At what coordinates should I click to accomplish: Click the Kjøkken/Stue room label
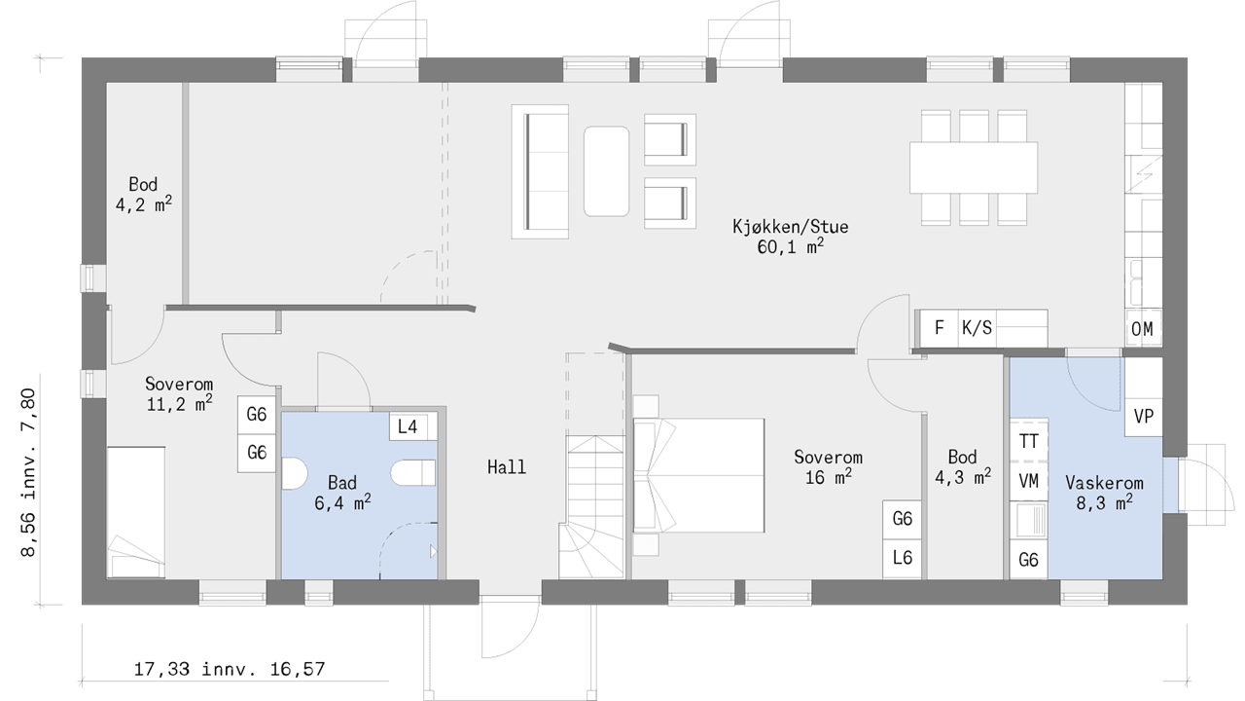[x=791, y=237]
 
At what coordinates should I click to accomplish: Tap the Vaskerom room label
[x=1104, y=493]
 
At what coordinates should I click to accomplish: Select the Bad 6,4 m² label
[x=342, y=493]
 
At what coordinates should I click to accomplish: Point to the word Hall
[x=507, y=466]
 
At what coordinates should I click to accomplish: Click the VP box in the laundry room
[x=1143, y=415]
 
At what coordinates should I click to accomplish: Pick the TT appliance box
[x=1028, y=441]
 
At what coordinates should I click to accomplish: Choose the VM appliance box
[x=1028, y=481]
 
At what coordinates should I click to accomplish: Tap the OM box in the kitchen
[x=1142, y=329]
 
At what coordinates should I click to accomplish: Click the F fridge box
[x=940, y=328]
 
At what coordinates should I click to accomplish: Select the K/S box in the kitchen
[x=977, y=328]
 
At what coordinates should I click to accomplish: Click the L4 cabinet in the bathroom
[x=408, y=426]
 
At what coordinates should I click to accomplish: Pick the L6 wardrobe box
[x=902, y=559]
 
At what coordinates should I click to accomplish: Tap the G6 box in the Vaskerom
[x=1028, y=559]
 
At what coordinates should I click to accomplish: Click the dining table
[x=974, y=167]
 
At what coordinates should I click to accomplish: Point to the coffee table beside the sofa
[x=606, y=171]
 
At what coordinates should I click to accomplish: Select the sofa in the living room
[x=540, y=172]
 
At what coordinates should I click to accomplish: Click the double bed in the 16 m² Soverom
[x=699, y=476]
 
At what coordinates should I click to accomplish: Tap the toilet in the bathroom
[x=413, y=473]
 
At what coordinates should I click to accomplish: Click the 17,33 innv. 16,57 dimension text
[x=229, y=669]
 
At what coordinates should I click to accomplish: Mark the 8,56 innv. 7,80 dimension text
[x=28, y=472]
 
